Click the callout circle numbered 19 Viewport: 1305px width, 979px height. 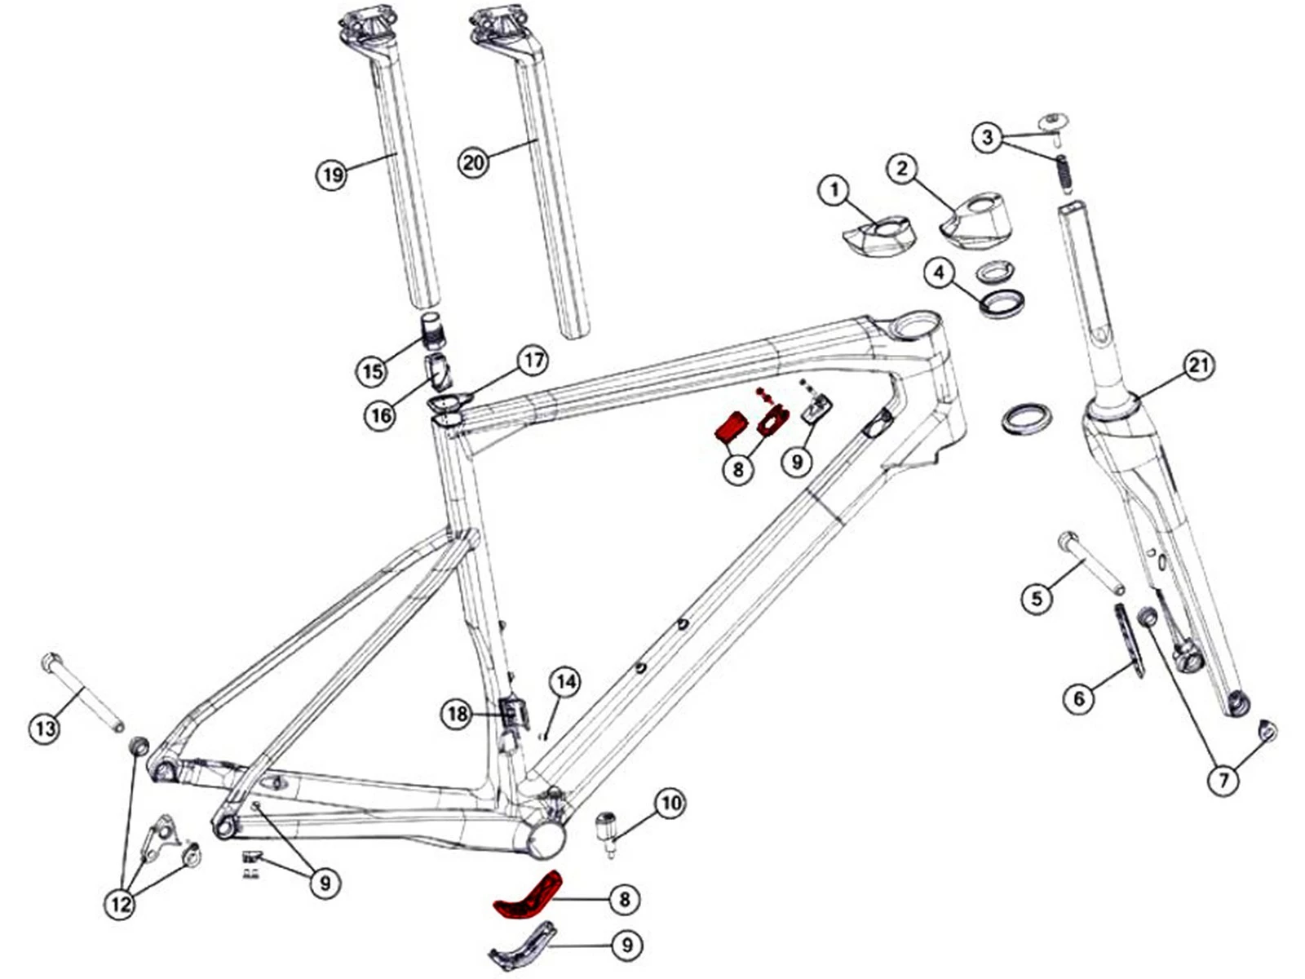331,175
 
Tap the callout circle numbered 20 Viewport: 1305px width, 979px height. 474,162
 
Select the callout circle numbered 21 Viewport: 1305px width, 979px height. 1198,365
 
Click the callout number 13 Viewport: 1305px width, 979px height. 46,727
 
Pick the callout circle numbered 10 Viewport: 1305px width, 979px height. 670,804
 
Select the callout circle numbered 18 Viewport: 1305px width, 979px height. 458,715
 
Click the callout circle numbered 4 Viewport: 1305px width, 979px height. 940,272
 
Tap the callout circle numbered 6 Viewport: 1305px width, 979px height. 1079,698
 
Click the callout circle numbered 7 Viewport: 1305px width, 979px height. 1223,781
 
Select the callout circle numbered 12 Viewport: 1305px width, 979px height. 121,904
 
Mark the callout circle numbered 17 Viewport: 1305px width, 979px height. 533,361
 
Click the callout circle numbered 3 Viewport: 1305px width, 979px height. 988,137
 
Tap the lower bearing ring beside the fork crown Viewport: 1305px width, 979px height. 1026,418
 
